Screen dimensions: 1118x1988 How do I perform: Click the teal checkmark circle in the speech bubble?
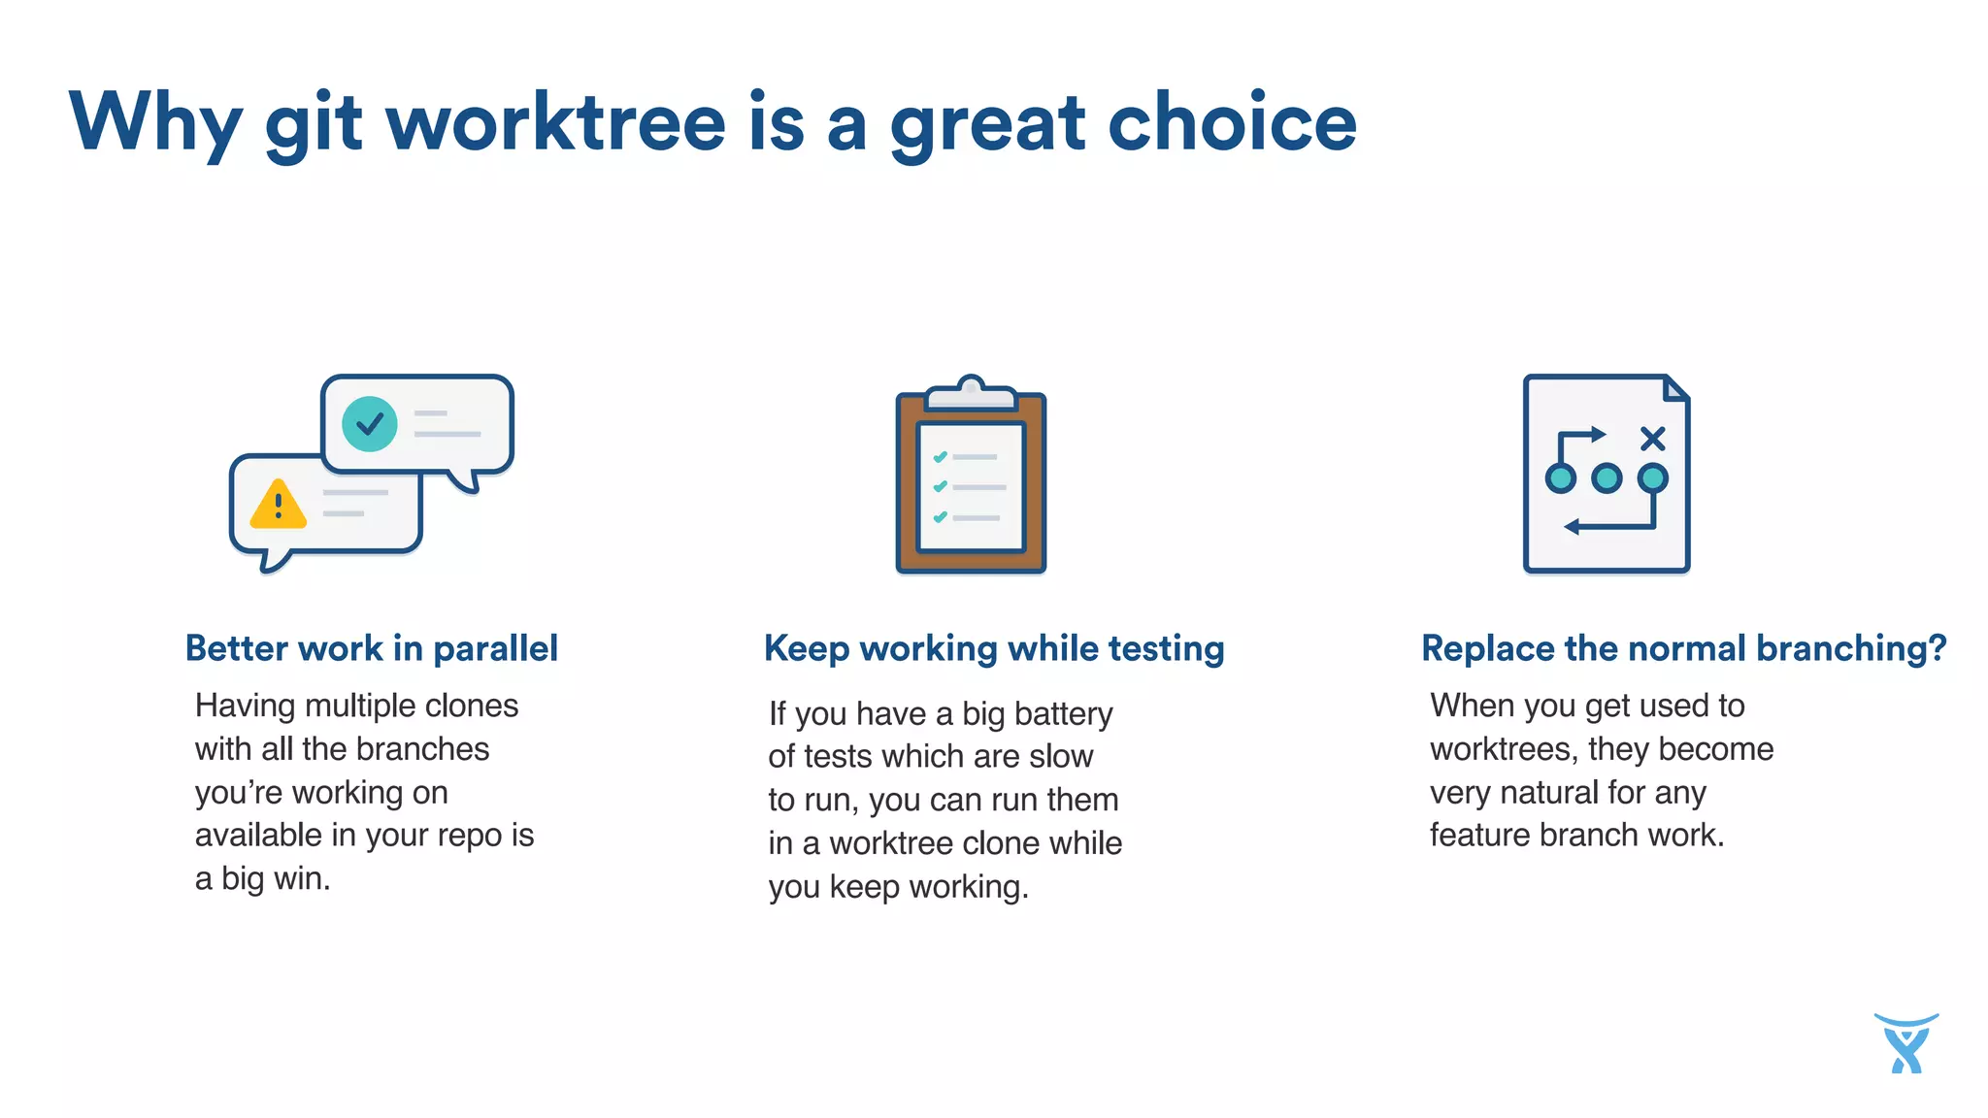click(x=370, y=424)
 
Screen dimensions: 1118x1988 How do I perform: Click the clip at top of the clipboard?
click(x=971, y=393)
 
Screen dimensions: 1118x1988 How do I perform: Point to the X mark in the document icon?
click(x=1652, y=439)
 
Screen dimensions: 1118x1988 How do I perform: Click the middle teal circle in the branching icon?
click(x=1607, y=478)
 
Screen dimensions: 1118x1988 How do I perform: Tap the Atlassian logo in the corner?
click(x=1906, y=1044)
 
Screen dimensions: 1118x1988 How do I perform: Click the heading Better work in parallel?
click(x=372, y=648)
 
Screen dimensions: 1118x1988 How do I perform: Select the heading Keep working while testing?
click(x=994, y=648)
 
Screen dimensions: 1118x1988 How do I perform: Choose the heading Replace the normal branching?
click(x=1683, y=648)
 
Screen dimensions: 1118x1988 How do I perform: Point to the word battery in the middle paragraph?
click(x=1064, y=714)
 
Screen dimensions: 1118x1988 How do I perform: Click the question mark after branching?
click(x=1937, y=648)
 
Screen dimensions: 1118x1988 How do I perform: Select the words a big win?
click(x=263, y=878)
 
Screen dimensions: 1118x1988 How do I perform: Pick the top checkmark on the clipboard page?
click(x=940, y=456)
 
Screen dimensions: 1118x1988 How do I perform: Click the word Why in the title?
click(x=155, y=123)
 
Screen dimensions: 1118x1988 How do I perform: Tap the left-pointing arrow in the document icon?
click(x=1574, y=527)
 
